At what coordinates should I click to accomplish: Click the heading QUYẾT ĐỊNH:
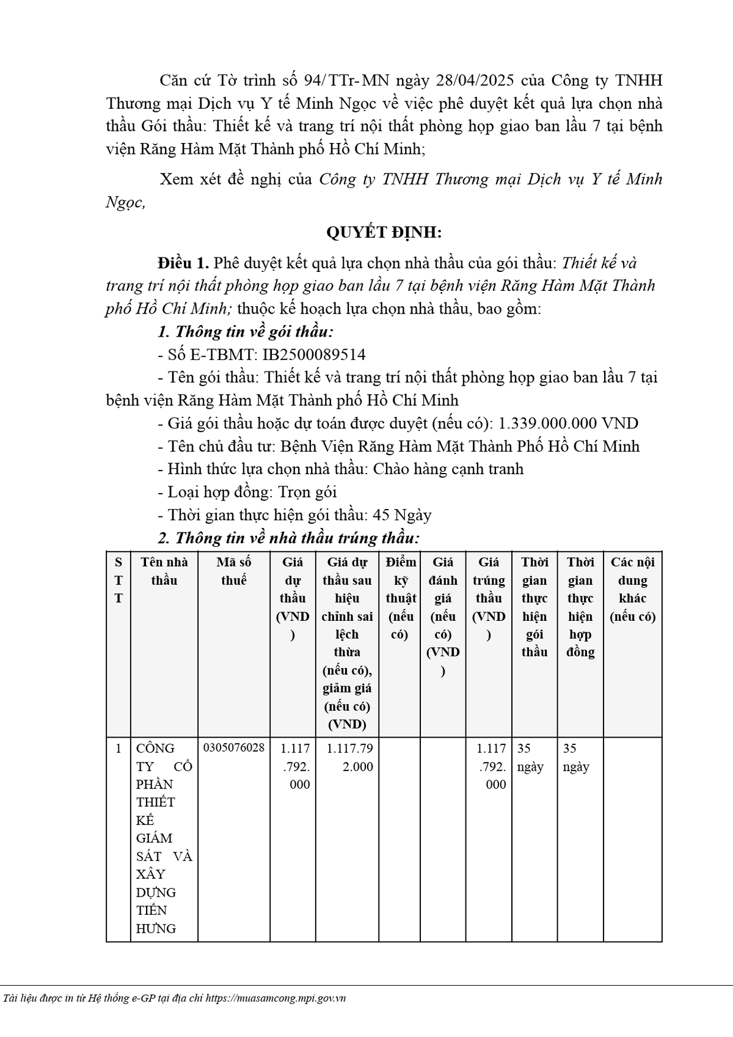pyautogui.click(x=384, y=232)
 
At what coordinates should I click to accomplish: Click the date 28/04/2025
pyautogui.click(x=477, y=81)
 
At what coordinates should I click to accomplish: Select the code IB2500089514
pyautogui.click(x=314, y=354)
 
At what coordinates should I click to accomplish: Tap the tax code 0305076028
pyautogui.click(x=234, y=748)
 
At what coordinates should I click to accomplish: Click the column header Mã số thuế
pyautogui.click(x=234, y=571)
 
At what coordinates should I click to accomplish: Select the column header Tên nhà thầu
pyautogui.click(x=164, y=571)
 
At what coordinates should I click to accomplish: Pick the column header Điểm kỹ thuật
pyautogui.click(x=401, y=598)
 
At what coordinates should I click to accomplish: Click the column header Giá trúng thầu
pyautogui.click(x=489, y=598)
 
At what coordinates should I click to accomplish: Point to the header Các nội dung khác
pyautogui.click(x=632, y=589)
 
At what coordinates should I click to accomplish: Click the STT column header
pyautogui.click(x=118, y=580)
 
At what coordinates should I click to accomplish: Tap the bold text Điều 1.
pyautogui.click(x=183, y=263)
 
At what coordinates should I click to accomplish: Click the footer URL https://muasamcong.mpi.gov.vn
pyautogui.click(x=275, y=999)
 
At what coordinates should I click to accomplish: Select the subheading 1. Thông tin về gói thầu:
pyautogui.click(x=246, y=332)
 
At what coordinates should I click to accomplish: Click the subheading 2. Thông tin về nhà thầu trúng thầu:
pyautogui.click(x=288, y=538)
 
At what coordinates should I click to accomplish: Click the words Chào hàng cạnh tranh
pyautogui.click(x=448, y=469)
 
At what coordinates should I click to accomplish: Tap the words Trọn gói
pyautogui.click(x=307, y=492)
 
